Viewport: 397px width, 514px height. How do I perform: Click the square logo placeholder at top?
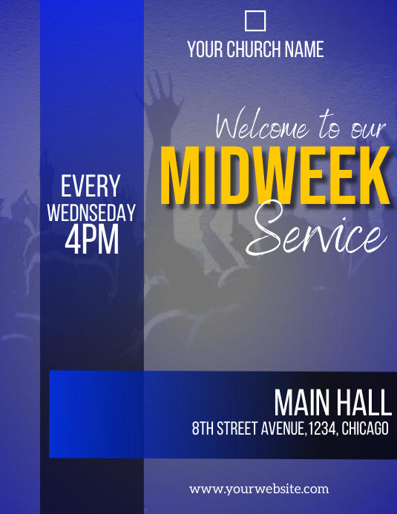click(x=255, y=21)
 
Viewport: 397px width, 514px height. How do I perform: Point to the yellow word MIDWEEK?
click(x=275, y=177)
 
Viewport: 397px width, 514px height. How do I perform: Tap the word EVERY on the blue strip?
click(x=91, y=186)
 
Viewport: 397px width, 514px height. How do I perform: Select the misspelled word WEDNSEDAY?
click(x=91, y=213)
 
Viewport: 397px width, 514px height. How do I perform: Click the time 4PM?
click(x=91, y=240)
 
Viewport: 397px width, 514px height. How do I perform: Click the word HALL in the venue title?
click(x=364, y=403)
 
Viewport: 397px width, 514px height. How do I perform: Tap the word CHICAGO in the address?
click(x=365, y=429)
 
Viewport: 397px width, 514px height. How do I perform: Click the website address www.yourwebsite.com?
click(x=259, y=489)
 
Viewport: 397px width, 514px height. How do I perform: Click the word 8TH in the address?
click(x=203, y=429)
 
